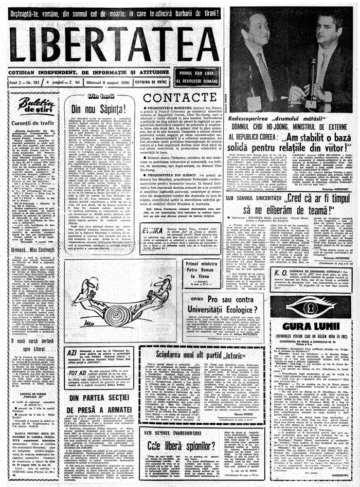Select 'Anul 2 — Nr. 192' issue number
pos(26,82)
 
